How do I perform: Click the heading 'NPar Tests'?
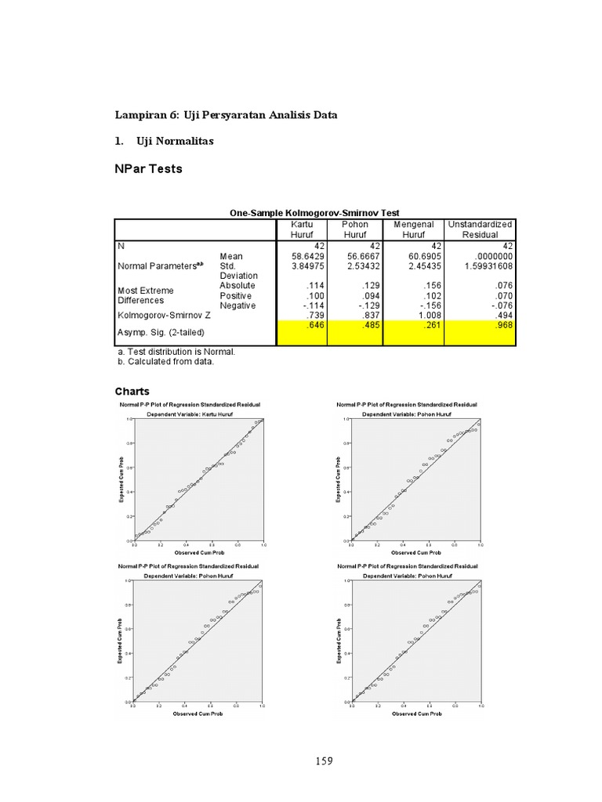[x=148, y=169]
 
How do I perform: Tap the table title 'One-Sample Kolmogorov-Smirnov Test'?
[x=314, y=212]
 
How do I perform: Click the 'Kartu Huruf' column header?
[x=302, y=229]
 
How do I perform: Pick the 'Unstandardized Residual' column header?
[x=480, y=229]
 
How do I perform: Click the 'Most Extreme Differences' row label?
[x=145, y=295]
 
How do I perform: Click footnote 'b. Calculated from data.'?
[x=165, y=362]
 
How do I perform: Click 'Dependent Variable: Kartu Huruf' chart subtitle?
[x=190, y=412]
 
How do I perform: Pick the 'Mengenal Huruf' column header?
[x=414, y=229]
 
